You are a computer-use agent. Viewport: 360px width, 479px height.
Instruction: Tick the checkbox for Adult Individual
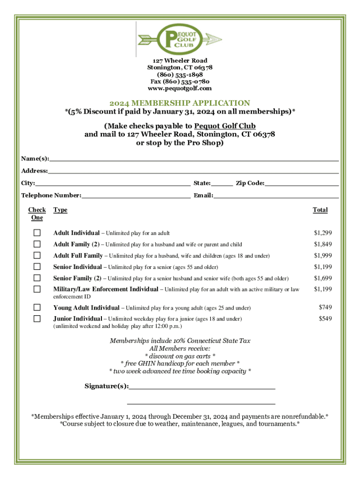[37, 233]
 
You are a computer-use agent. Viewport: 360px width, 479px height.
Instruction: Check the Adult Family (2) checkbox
[37, 244]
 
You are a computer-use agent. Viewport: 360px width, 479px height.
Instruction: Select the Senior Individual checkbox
[37, 267]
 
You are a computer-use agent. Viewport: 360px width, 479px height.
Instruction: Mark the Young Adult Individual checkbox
[37, 308]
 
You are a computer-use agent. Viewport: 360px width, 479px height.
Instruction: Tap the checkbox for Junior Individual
[37, 319]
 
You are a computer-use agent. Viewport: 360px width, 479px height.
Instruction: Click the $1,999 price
[323, 255]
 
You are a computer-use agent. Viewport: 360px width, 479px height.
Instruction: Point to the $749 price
[325, 307]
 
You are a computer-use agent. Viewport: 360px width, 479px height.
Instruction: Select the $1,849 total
[323, 244]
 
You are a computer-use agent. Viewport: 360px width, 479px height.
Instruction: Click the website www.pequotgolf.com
[180, 88]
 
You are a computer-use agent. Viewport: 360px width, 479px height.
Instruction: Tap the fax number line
[180, 81]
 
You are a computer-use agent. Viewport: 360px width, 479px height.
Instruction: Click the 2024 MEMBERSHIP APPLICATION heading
[180, 103]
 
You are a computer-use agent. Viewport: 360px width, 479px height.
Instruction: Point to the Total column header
[320, 210]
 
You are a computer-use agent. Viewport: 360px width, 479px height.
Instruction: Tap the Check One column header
[37, 214]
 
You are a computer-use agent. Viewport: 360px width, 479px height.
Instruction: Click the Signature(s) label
[106, 386]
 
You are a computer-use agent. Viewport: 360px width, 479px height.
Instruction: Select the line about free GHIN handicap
[180, 363]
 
